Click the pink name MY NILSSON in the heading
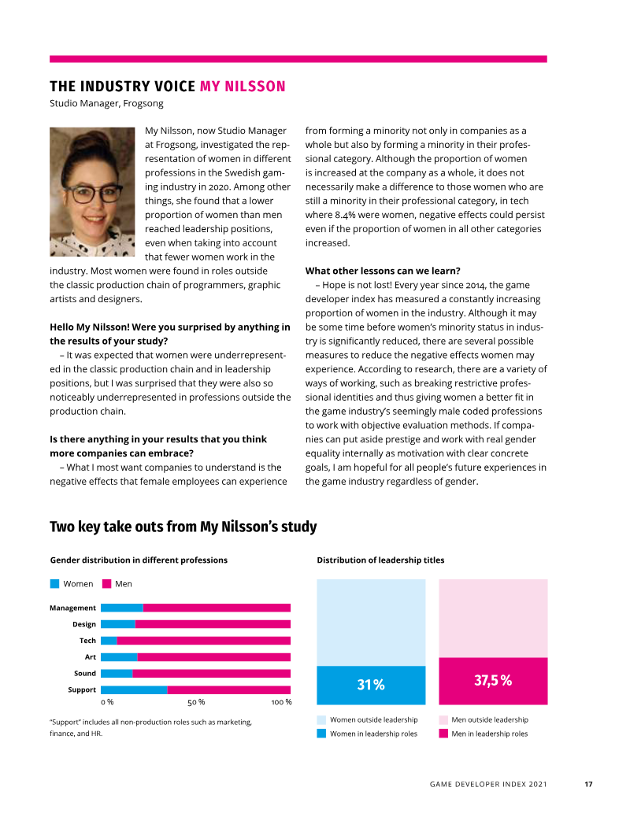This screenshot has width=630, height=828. click(243, 87)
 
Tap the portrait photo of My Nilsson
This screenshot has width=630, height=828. click(92, 191)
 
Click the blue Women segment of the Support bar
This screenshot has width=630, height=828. click(134, 690)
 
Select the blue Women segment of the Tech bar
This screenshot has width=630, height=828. click(109, 641)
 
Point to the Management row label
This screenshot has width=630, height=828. click(72, 608)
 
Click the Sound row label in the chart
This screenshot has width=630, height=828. click(85, 674)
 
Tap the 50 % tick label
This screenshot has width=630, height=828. click(196, 702)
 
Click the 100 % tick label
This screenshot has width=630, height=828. click(281, 702)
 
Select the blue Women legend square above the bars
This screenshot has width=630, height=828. click(54, 584)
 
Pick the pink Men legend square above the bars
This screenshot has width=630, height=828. click(106, 584)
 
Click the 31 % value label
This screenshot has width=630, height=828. click(371, 686)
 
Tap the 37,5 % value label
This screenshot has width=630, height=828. click(493, 681)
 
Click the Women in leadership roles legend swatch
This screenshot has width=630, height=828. click(321, 734)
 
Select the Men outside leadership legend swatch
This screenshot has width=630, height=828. click(443, 719)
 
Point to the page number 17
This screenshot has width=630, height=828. click(588, 784)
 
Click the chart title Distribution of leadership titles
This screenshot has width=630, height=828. click(380, 560)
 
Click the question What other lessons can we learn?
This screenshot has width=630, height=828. click(383, 271)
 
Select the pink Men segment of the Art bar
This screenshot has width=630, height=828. click(213, 657)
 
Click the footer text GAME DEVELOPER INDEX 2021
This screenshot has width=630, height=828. click(488, 784)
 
